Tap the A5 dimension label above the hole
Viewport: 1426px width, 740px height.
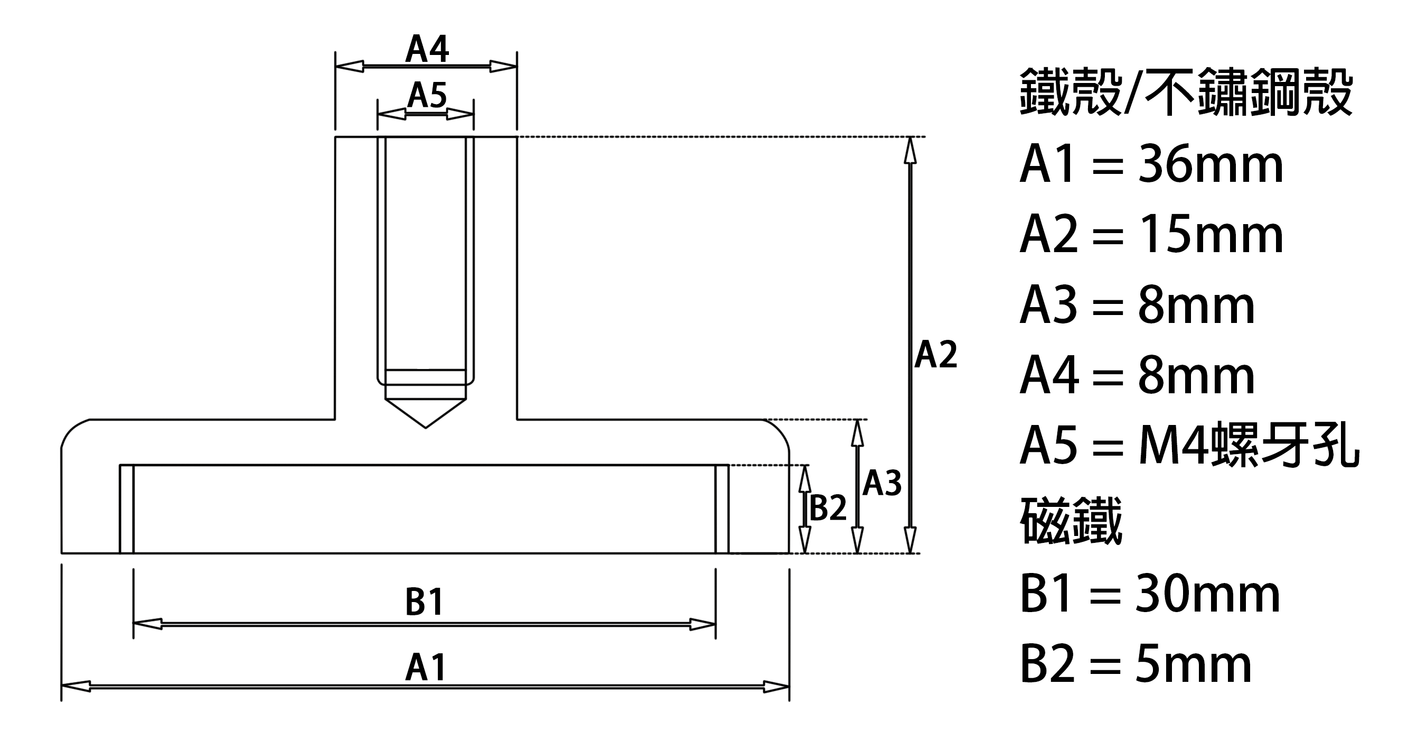(427, 95)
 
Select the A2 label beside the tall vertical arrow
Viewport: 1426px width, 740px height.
(935, 355)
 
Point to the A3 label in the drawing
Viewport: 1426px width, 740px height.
(882, 483)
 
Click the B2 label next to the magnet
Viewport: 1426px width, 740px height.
(828, 508)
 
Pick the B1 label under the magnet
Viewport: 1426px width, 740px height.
(425, 602)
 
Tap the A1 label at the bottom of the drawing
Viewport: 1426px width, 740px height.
(425, 668)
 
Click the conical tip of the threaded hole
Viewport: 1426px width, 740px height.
(425, 427)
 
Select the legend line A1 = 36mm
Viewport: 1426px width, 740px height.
(1151, 165)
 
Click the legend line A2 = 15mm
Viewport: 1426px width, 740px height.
(1151, 235)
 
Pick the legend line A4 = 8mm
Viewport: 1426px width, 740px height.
(1137, 376)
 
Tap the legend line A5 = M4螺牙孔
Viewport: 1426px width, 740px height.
(1189, 447)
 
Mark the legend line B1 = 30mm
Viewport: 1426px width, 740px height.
(1150, 594)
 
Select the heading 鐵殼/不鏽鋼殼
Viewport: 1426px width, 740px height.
(1186, 92)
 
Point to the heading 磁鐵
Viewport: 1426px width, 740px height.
(1071, 520)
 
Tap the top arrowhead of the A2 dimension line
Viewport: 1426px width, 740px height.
(910, 150)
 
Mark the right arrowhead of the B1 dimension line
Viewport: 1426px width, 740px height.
(702, 624)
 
